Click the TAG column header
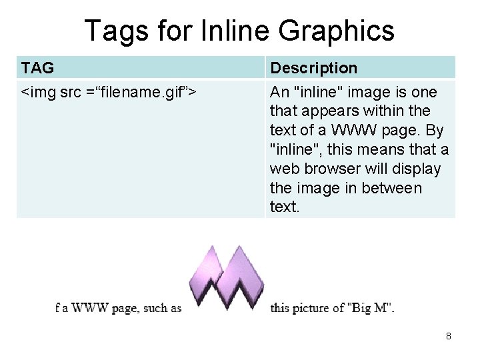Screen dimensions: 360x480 (x=37, y=68)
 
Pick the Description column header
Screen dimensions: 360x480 (x=313, y=68)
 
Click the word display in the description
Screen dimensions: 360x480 (x=417, y=169)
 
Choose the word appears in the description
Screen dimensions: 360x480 (x=329, y=111)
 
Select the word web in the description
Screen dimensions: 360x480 (x=281, y=169)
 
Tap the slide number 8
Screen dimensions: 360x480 (x=448, y=336)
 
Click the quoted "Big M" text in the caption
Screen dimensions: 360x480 (x=370, y=308)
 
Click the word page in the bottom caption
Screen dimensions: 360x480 (x=125, y=309)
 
